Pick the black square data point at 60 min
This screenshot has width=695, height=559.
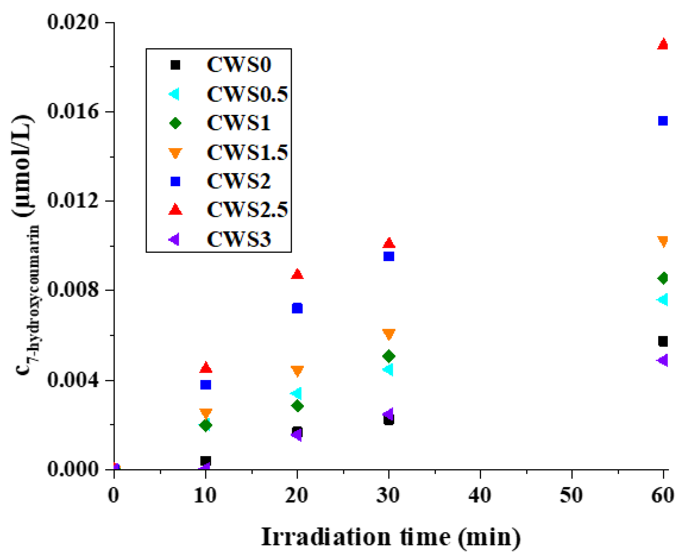click(x=663, y=341)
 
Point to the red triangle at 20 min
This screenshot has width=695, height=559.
click(x=297, y=274)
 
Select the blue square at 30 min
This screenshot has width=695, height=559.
click(x=389, y=256)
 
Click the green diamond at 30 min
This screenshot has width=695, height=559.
click(x=389, y=356)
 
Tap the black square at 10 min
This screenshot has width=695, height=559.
click(x=206, y=461)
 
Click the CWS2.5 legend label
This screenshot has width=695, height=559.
click(x=247, y=210)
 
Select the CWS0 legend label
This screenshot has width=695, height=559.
click(x=239, y=65)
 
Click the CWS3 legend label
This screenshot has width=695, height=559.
click(x=239, y=239)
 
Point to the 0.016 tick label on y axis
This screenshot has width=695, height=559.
click(x=73, y=112)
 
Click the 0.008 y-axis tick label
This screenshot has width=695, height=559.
click(x=73, y=290)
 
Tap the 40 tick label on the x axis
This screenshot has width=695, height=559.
click(x=480, y=495)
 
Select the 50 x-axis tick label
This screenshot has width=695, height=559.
click(x=571, y=495)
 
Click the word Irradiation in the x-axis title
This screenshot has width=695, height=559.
click(x=326, y=537)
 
